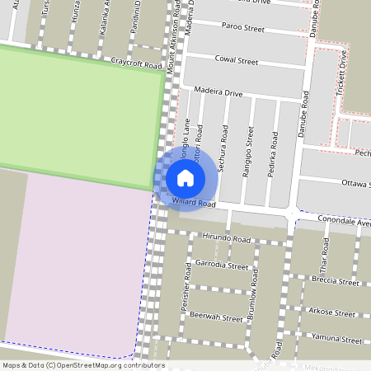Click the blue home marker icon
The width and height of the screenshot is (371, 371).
185,177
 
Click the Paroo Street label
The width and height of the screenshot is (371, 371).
242,27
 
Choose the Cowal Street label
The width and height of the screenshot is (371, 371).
236,61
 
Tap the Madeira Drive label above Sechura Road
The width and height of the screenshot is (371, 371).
218,93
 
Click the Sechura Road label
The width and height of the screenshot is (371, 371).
223,141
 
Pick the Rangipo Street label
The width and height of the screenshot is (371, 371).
248,144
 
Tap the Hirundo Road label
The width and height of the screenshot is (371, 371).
225,238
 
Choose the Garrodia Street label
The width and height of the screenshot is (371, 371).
222,265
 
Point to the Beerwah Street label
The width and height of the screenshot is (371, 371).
215,317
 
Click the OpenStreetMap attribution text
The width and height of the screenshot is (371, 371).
83,365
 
